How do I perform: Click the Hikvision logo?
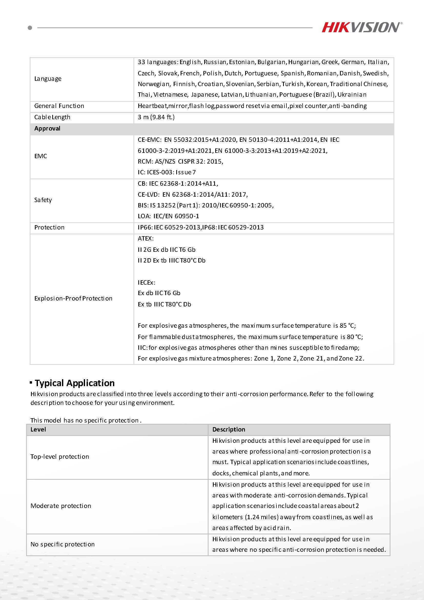pos(361,27)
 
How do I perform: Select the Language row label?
pos(48,79)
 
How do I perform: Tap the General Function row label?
pos(59,106)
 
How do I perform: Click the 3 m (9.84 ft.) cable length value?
pos(156,117)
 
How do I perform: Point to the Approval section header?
pos(47,128)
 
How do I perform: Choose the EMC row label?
pos(41,156)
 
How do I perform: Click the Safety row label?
pos(43,200)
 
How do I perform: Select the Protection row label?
pos(49,227)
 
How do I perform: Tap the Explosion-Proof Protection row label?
pos(73,298)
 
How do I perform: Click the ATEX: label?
pos(146,238)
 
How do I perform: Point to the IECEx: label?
pos(147,283)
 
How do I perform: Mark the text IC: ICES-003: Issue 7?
pos(167,172)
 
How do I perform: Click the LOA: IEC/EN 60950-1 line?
pos(168,216)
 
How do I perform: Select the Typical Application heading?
pos(75,383)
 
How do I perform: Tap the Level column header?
pos(38,429)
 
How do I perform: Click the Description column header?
pos(229,429)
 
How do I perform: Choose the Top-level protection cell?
pos(60,456)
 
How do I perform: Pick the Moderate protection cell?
pos(61,506)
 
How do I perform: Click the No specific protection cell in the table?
pos(63,544)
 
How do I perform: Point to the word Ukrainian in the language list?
pos(352,95)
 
